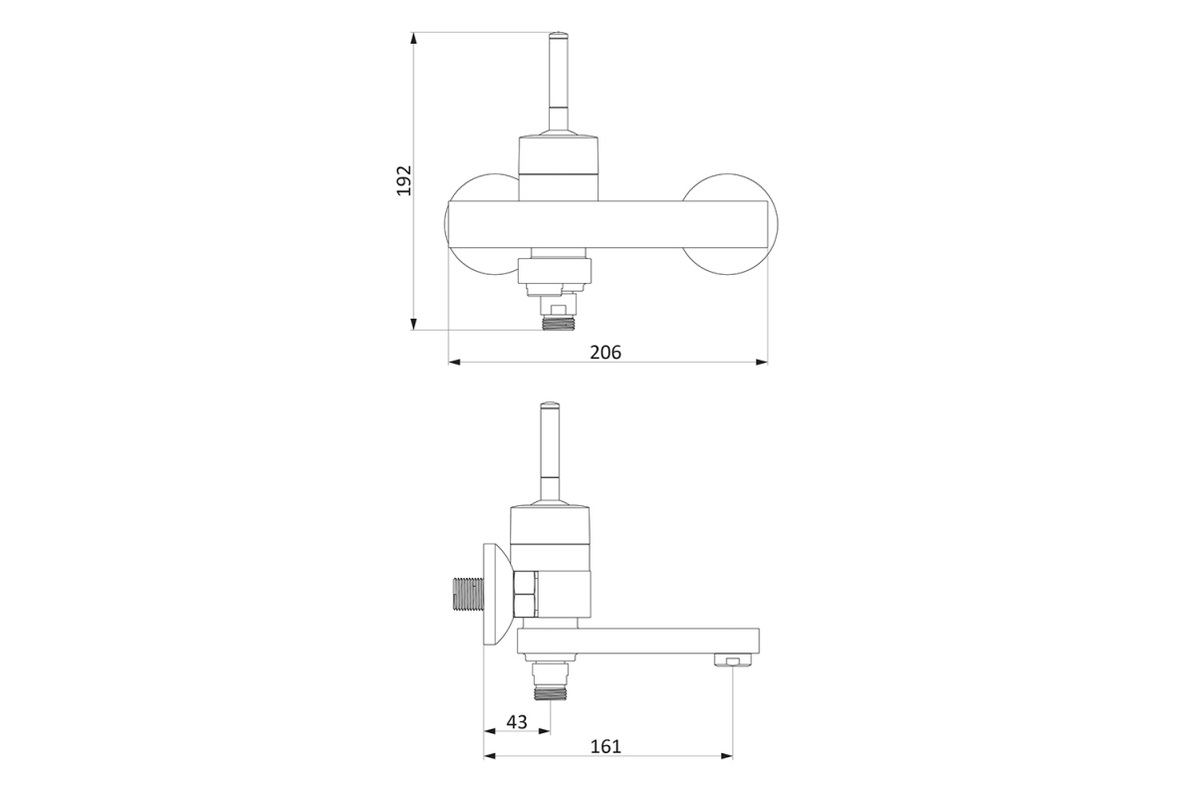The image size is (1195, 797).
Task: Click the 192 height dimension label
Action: click(404, 180)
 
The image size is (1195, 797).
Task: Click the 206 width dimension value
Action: click(605, 353)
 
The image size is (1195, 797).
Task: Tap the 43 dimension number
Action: click(517, 721)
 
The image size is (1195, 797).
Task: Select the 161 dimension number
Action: click(605, 746)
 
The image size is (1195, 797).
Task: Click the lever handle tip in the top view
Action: click(559, 35)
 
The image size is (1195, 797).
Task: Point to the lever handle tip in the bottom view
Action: click(550, 405)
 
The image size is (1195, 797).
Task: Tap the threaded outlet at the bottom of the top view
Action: click(558, 323)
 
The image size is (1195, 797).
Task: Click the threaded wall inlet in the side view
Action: click(468, 594)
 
